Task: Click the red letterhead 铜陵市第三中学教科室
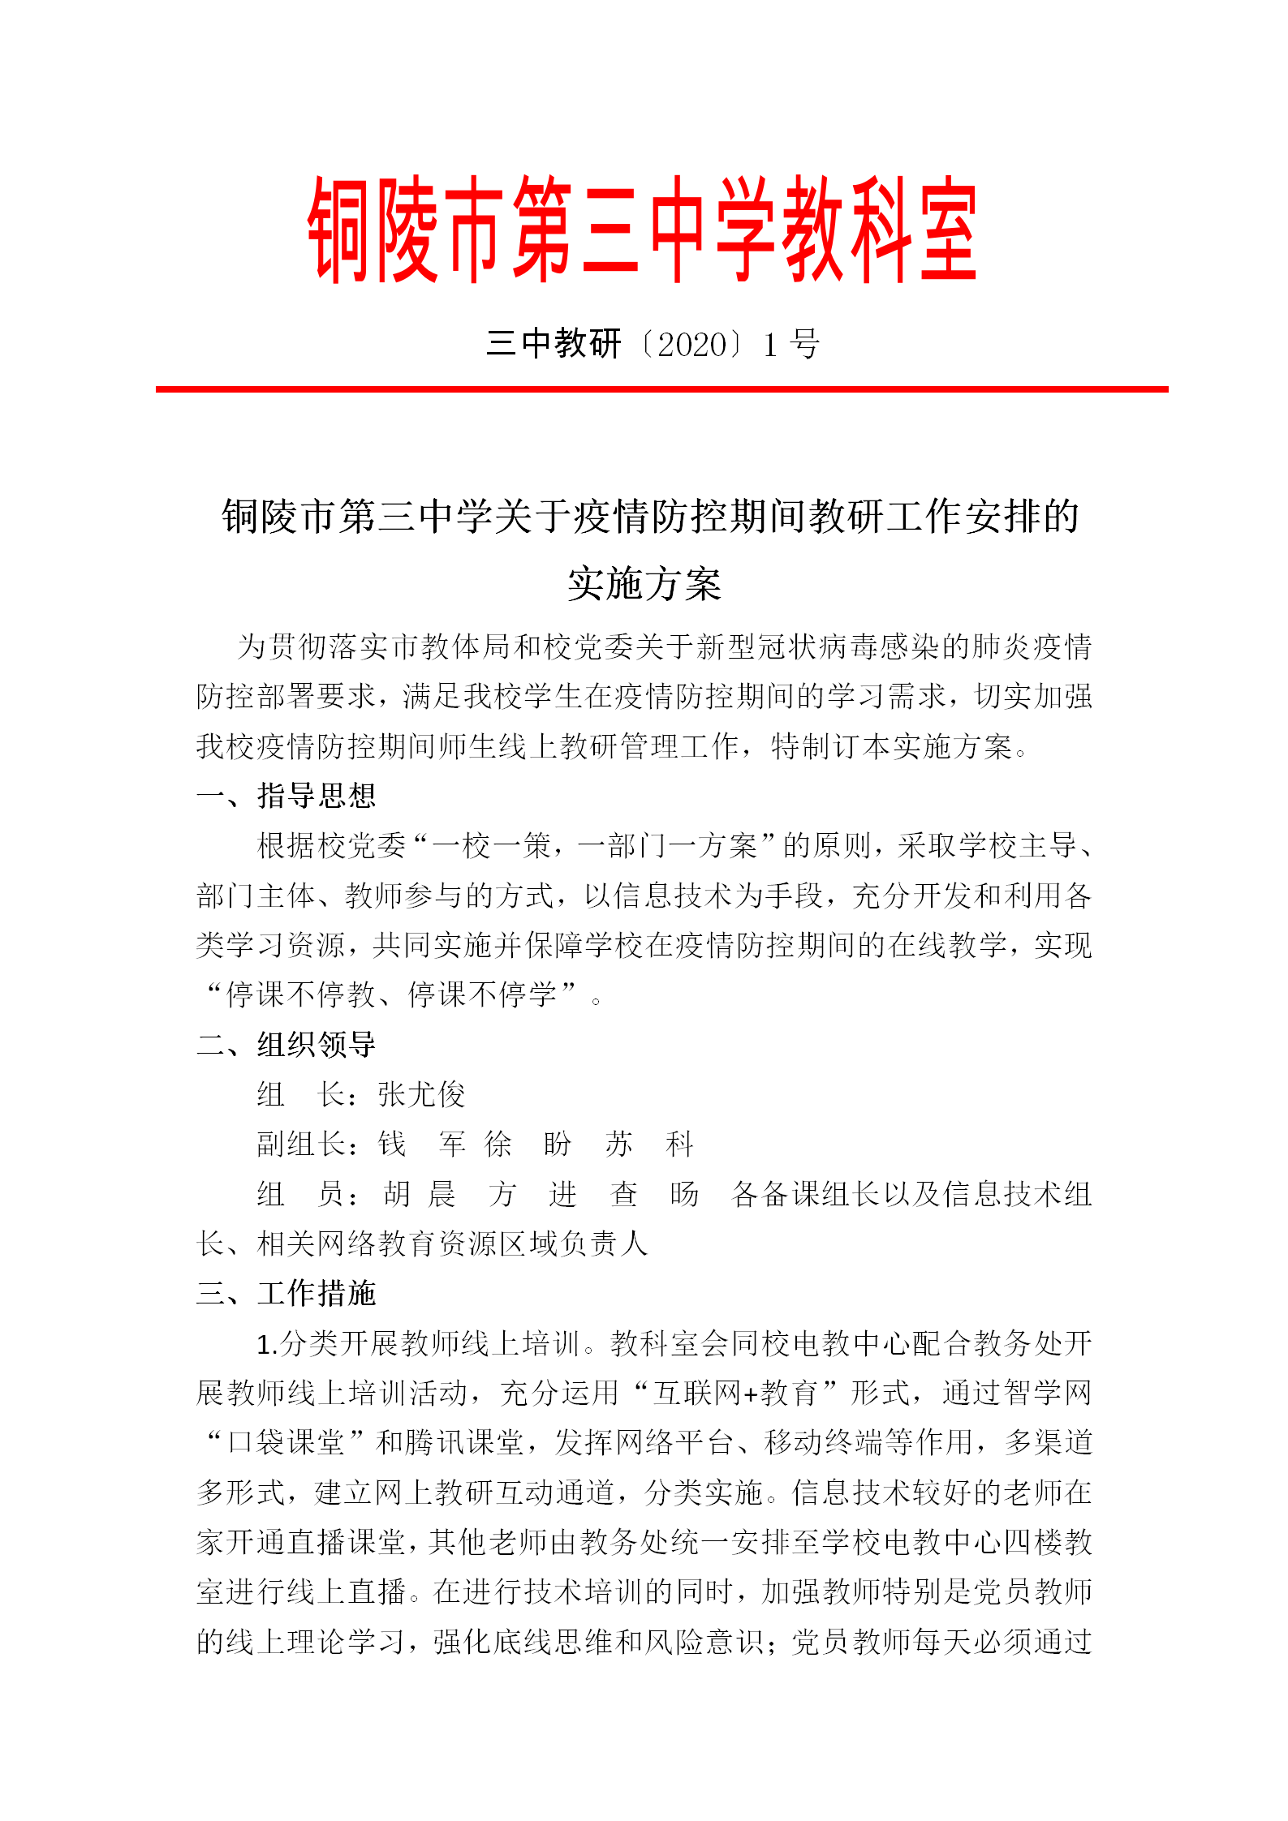click(x=643, y=229)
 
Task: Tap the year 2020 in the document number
click(x=691, y=345)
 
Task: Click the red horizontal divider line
click(x=661, y=389)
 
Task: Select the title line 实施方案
click(x=644, y=584)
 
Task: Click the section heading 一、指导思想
click(x=286, y=796)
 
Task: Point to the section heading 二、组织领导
click(x=286, y=1045)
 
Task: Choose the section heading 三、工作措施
click(x=286, y=1294)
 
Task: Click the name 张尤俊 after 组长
click(x=421, y=1095)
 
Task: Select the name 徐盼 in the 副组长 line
click(x=528, y=1145)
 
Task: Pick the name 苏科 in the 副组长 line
click(x=648, y=1145)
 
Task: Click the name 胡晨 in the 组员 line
click(x=419, y=1194)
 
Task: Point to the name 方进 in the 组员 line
click(x=532, y=1194)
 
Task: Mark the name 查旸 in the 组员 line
click(x=654, y=1194)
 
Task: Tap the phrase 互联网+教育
click(x=734, y=1394)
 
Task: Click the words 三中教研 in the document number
click(x=554, y=345)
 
